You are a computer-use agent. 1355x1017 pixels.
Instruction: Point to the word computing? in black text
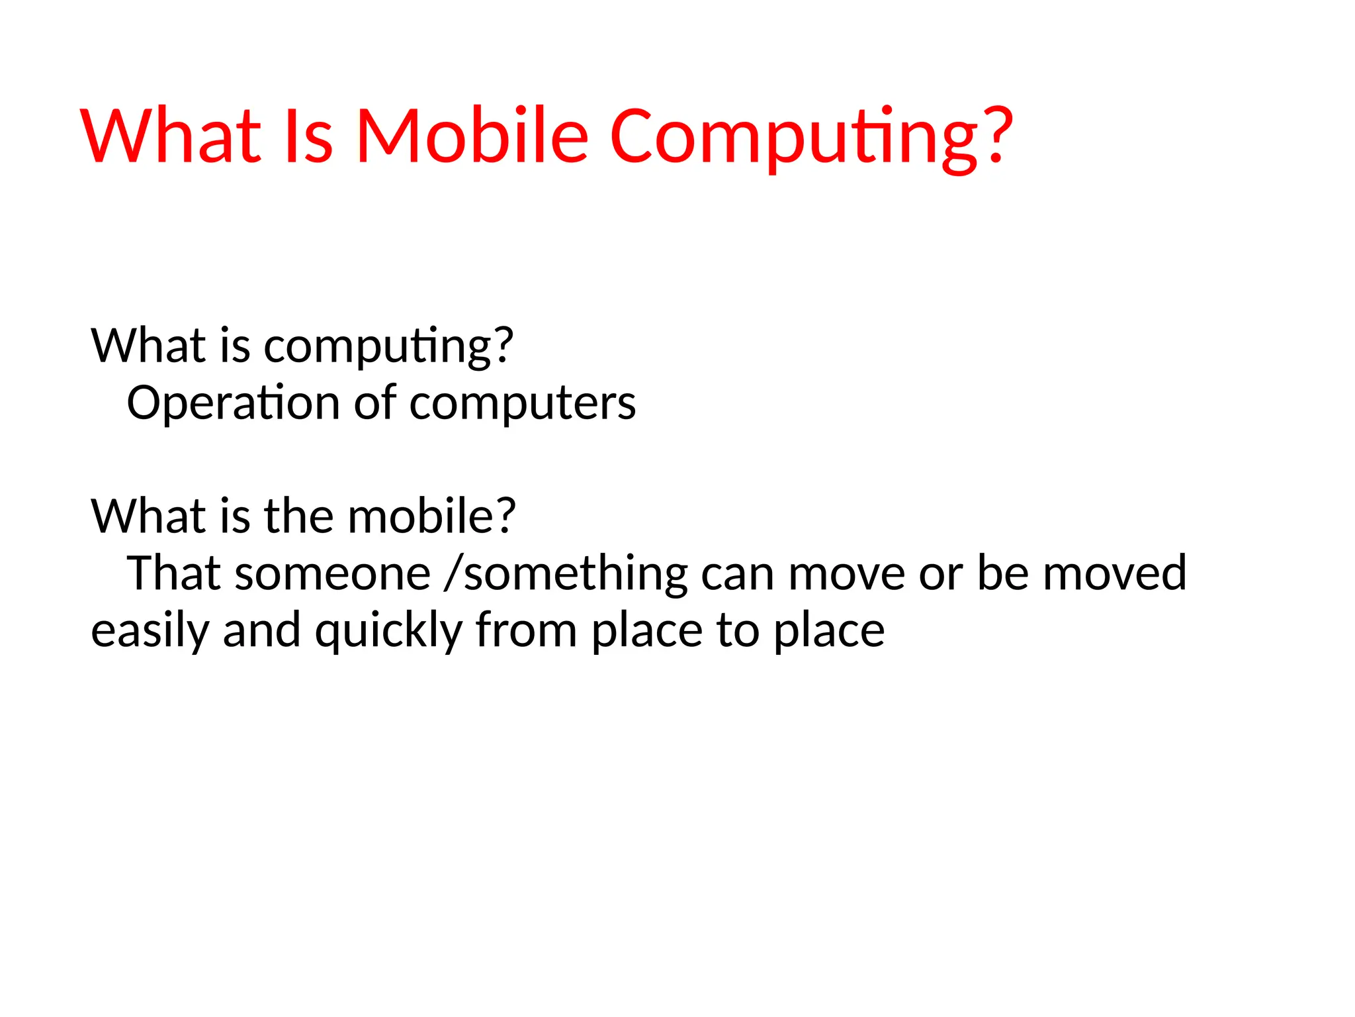pyautogui.click(x=388, y=347)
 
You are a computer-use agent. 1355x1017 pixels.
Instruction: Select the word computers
pyautogui.click(x=522, y=404)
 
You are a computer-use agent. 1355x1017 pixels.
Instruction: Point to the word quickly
pyautogui.click(x=388, y=631)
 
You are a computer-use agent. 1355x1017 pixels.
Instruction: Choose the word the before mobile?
pyautogui.click(x=298, y=516)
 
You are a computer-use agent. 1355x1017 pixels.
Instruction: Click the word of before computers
pyautogui.click(x=375, y=404)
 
